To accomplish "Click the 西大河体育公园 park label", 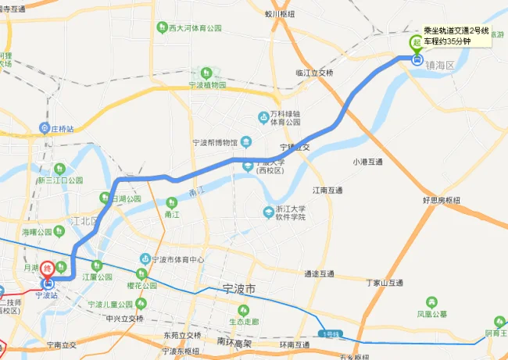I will point(195,27).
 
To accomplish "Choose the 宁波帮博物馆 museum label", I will point(214,143).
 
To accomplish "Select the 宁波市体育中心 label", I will point(177,259).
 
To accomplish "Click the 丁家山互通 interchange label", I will point(384,283).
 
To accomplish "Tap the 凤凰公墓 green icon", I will point(431,302).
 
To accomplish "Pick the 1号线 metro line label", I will point(330,334).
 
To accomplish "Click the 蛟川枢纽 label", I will point(279,13).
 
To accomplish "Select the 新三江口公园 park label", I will point(66,179).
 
